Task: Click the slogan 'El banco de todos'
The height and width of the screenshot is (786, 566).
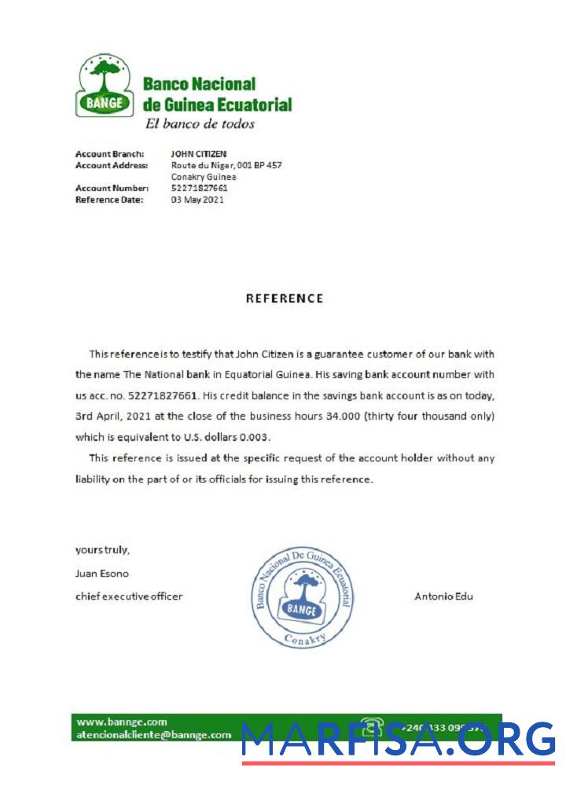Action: click(200, 123)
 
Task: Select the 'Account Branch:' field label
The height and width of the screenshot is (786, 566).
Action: click(109, 154)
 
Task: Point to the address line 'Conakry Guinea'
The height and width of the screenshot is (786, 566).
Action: click(204, 177)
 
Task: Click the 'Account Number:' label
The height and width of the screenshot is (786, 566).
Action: click(112, 189)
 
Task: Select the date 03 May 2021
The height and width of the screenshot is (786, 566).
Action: click(197, 200)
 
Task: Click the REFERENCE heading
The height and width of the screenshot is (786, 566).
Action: click(284, 299)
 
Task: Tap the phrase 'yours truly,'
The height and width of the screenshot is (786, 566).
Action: click(102, 549)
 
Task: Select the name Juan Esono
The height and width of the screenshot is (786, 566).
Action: click(101, 573)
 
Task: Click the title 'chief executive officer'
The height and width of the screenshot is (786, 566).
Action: click(129, 597)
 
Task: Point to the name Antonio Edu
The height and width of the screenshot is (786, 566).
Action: click(443, 597)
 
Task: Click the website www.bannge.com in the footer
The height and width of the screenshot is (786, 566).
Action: click(122, 722)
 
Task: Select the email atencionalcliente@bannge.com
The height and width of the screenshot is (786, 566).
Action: click(154, 735)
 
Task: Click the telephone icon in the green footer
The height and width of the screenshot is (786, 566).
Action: click(372, 727)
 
